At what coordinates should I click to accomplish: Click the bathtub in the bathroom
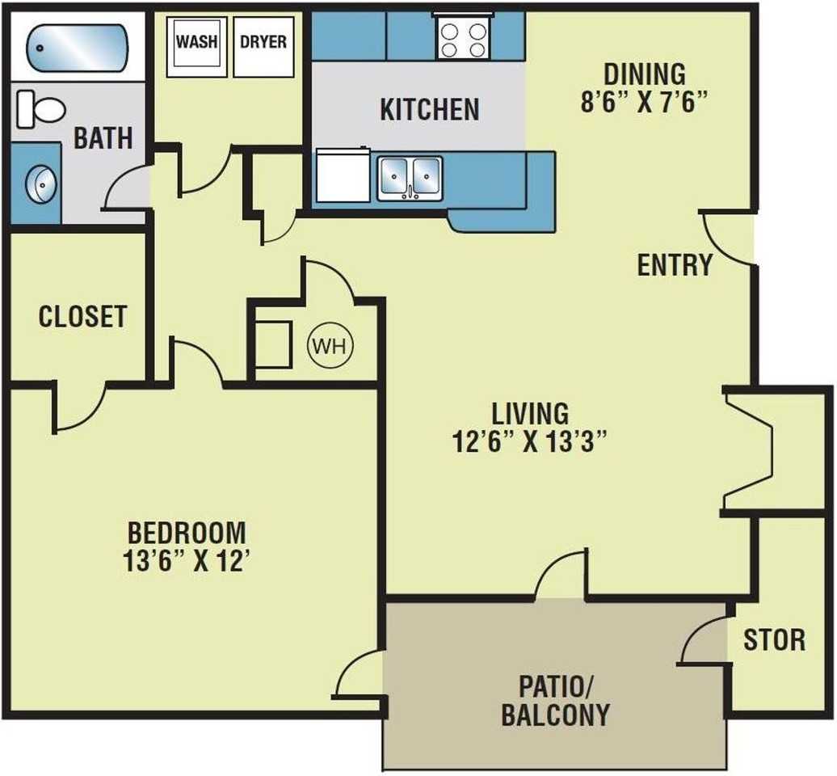coord(78,48)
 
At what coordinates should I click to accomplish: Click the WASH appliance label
coord(196,42)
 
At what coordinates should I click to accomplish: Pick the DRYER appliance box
coord(263,47)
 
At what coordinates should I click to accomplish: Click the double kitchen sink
coord(410,179)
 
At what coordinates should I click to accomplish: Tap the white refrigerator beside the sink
coord(343,175)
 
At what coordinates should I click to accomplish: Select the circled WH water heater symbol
coord(330,347)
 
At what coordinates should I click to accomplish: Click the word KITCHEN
coord(430,109)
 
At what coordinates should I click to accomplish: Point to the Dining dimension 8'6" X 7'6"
coord(644,102)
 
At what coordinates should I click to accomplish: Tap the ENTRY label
coord(675,265)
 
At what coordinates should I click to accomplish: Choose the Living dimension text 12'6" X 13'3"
coord(530,441)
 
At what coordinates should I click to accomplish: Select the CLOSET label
coord(82,316)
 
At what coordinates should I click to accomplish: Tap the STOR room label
coord(775,640)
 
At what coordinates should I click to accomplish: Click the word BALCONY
coord(556,715)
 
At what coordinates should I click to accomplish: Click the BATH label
coord(103,138)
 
